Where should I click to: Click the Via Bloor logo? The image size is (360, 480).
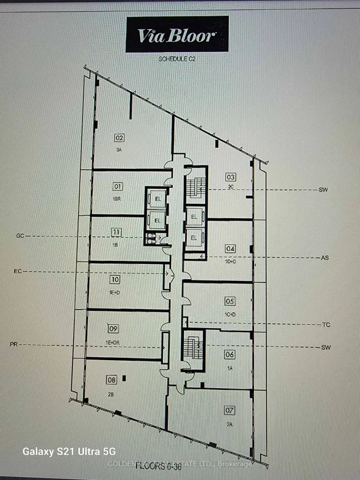point(177,35)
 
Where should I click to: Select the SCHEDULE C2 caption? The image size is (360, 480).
point(177,59)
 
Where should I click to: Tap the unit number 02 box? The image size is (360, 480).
point(119,137)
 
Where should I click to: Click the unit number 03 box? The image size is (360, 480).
point(231,176)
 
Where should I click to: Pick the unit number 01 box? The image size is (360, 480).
point(118,186)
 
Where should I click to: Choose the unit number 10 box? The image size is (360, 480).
point(115,279)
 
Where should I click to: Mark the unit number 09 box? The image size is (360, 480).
point(113,329)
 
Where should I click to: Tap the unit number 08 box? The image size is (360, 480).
point(111,380)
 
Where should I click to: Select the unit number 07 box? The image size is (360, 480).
point(229,410)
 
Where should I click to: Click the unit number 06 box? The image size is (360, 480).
point(229,355)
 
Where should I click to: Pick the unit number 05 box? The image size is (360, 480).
point(229,301)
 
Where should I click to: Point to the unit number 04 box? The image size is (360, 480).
point(230,248)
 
